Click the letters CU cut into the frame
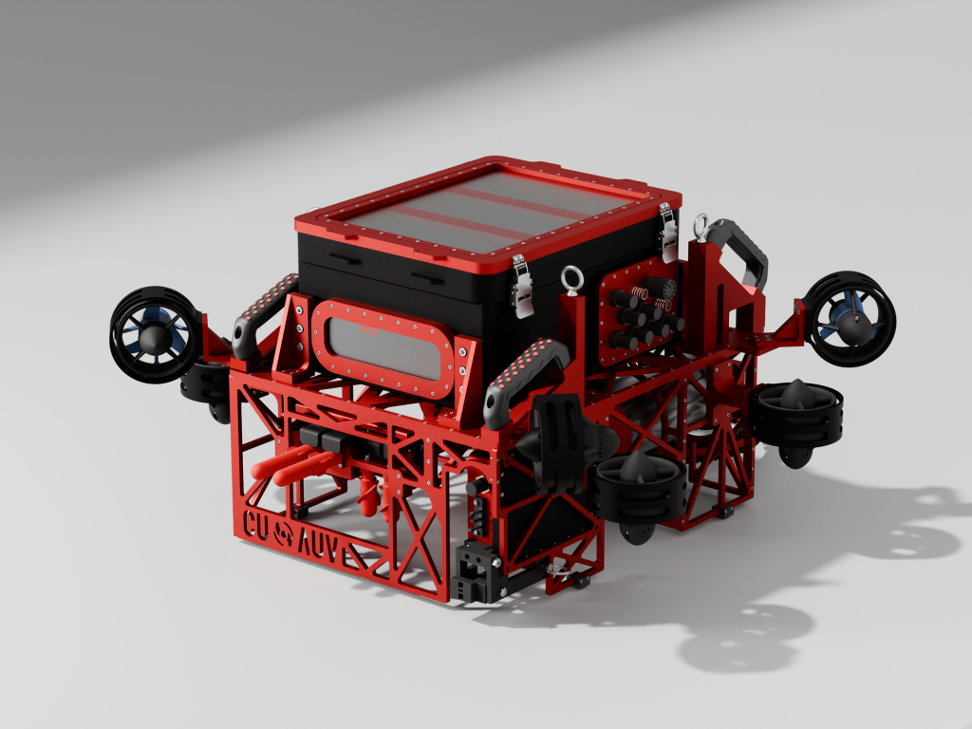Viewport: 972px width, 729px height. pyautogui.click(x=256, y=526)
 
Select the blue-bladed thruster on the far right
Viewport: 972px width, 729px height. pyautogui.click(x=851, y=318)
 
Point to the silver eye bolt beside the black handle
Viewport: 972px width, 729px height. pyautogui.click(x=701, y=228)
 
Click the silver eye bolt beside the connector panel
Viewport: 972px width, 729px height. pyautogui.click(x=570, y=279)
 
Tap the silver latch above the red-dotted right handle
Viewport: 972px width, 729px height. pyautogui.click(x=521, y=286)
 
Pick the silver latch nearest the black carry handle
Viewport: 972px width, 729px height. pyautogui.click(x=667, y=234)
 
